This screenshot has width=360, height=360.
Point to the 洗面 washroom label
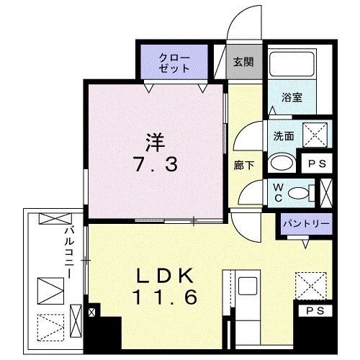click(282, 134)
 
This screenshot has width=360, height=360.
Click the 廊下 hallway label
click(241, 164)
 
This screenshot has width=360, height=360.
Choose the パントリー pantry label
click(305, 223)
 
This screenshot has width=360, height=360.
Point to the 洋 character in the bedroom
click(154, 138)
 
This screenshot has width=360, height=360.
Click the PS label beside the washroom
click(316, 163)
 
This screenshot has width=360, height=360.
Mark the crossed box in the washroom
click(314, 134)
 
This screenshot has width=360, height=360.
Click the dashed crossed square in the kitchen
click(312, 284)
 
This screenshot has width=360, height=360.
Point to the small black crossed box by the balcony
click(92, 314)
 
